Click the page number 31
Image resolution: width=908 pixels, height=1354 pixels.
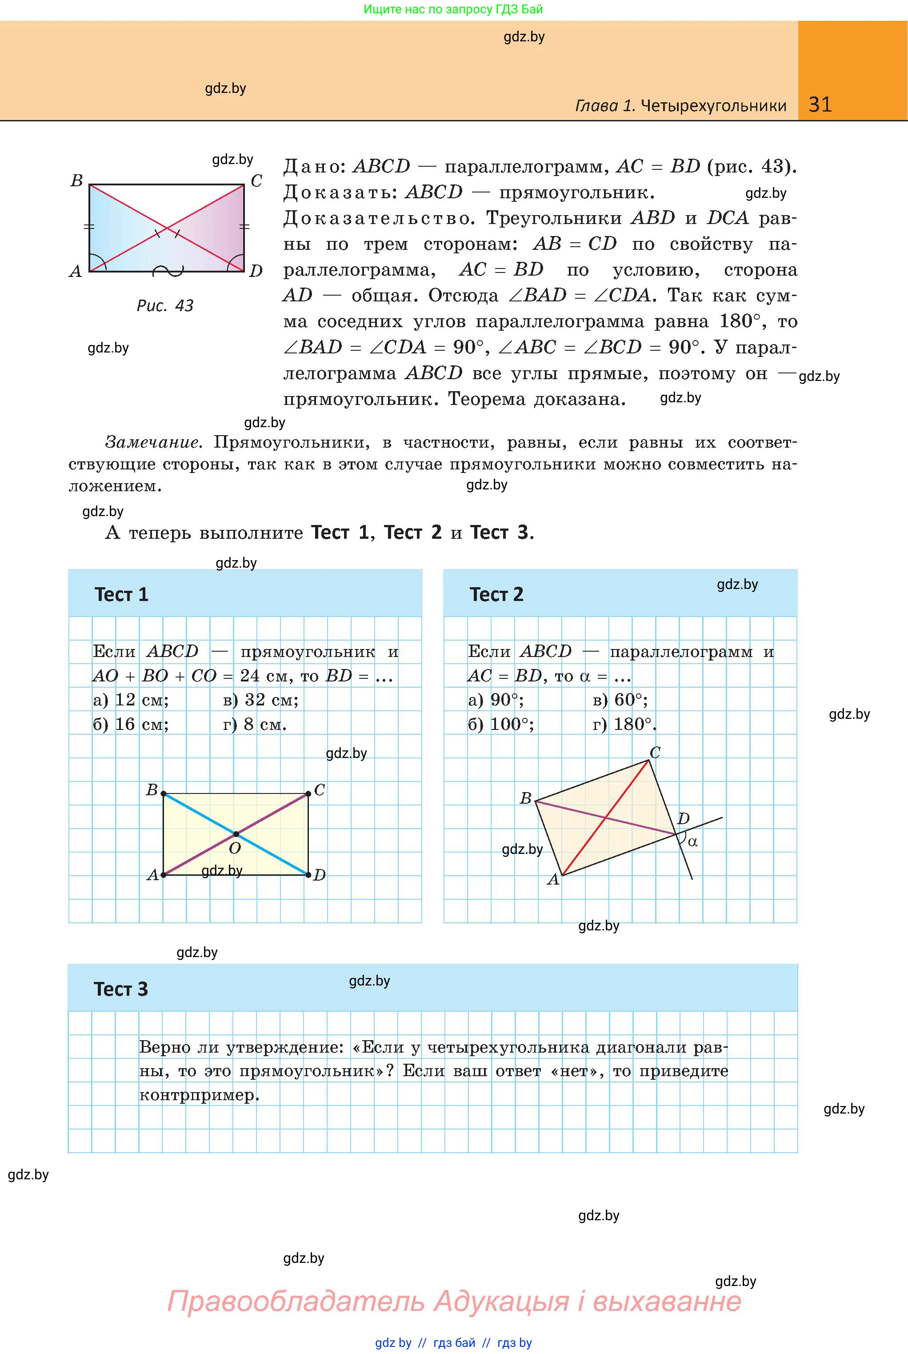(820, 104)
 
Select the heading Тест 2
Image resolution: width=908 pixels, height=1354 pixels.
(496, 594)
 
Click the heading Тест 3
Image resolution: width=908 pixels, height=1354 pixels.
(120, 989)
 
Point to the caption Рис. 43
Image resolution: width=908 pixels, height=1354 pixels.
(165, 305)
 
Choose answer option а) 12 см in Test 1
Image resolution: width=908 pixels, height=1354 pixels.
(131, 700)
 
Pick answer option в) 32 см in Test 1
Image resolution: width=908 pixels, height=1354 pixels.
(260, 700)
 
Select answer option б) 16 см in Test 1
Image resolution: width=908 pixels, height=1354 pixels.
(131, 725)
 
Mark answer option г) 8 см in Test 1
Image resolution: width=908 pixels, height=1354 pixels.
(255, 725)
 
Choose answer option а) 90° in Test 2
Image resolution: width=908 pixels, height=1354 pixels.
(496, 700)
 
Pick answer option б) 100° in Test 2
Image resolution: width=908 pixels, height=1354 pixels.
(501, 725)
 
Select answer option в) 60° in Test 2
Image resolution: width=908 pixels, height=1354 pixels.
(620, 700)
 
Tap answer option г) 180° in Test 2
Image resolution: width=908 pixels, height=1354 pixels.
(625, 725)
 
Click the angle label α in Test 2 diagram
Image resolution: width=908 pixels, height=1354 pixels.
(692, 841)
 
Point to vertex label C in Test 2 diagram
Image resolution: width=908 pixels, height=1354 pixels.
(655, 752)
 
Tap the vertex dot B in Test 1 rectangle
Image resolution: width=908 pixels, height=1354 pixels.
(163, 794)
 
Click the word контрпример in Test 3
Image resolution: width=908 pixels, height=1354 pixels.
(198, 1095)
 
